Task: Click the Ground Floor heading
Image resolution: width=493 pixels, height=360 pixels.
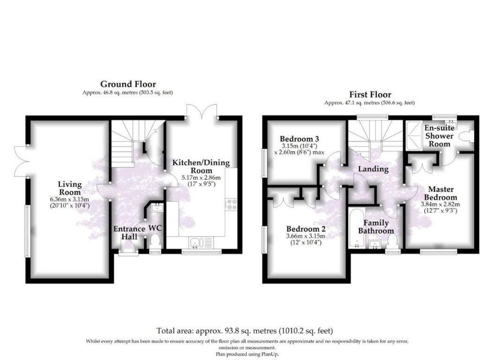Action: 128,84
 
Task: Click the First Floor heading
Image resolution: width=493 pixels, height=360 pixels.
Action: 370,95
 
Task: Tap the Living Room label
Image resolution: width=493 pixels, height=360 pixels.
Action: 70,188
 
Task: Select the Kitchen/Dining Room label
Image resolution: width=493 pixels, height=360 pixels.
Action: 201,166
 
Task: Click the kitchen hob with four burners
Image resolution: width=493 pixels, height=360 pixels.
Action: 231,204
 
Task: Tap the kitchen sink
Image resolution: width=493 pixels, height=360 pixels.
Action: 196,242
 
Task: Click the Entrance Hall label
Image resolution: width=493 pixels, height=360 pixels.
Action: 129,232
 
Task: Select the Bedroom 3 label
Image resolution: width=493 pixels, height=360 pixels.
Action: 299,139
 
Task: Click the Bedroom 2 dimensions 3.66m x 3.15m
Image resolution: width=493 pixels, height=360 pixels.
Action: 306,236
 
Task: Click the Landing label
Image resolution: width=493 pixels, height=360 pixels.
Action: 373,169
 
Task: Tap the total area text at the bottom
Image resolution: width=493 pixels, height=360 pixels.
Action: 245,331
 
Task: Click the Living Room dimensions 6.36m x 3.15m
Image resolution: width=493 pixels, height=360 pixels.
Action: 70,199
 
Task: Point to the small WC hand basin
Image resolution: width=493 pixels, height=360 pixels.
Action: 157,208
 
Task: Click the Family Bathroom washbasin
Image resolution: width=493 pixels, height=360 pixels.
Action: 375,244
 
